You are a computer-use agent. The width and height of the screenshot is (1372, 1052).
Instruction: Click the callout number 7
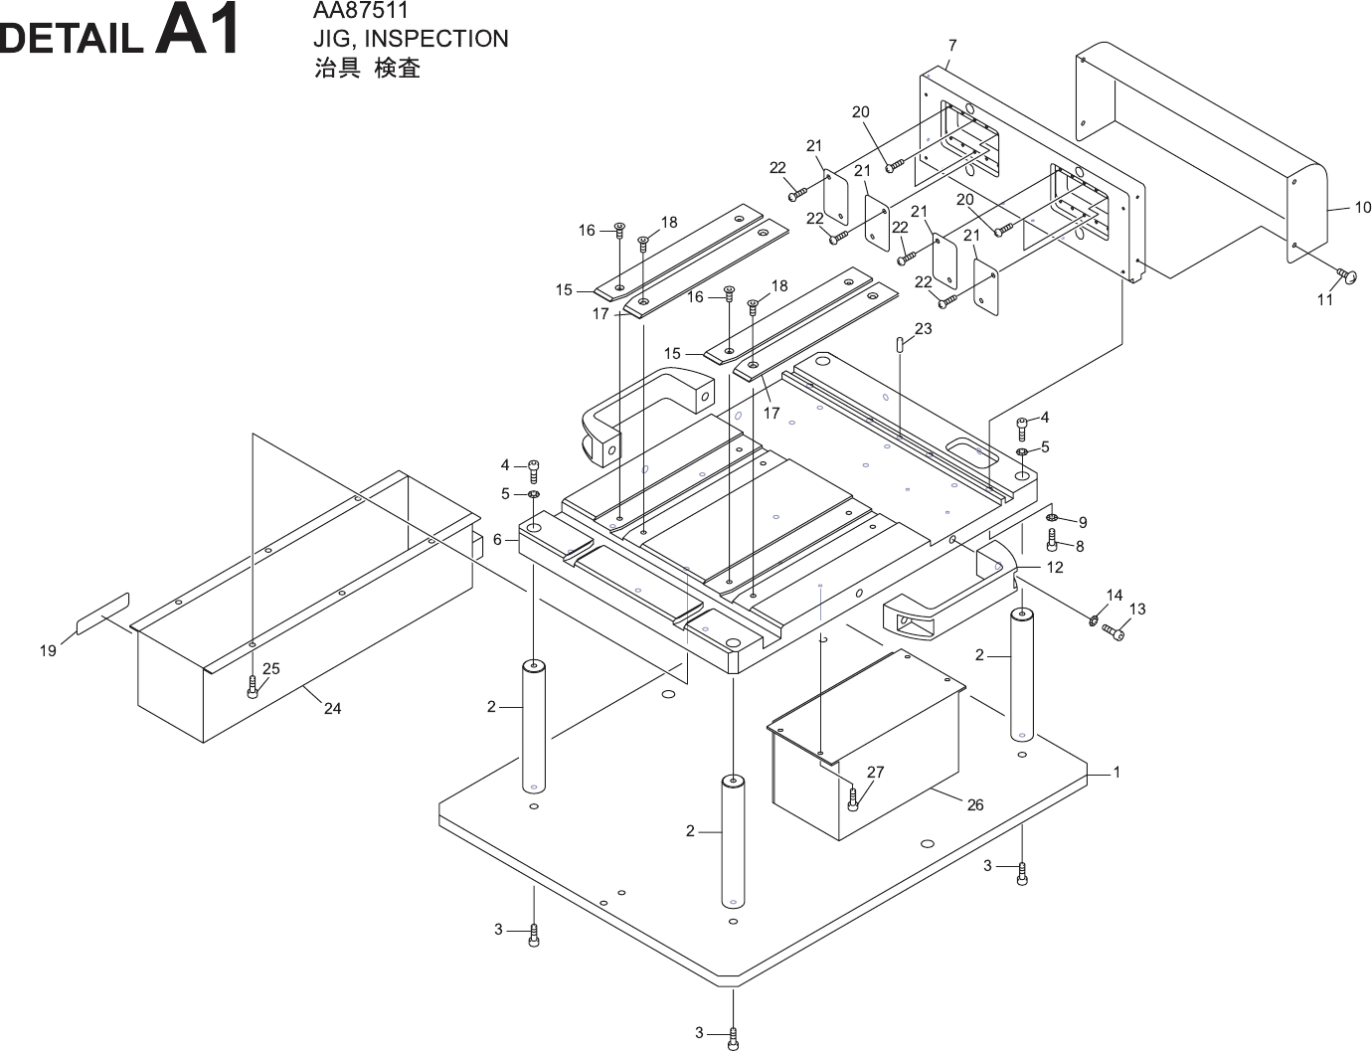[952, 46]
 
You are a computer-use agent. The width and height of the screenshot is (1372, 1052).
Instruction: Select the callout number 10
[1362, 207]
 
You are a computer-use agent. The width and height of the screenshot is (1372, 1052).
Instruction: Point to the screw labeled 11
[1347, 275]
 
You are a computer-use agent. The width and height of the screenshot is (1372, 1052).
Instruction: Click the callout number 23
[924, 329]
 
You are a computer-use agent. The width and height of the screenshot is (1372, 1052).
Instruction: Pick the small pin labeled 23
[900, 346]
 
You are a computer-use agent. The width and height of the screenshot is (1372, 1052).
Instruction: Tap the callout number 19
[48, 651]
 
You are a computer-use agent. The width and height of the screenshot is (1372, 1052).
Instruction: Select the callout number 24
[332, 708]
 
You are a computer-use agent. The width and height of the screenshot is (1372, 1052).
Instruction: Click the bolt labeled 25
[253, 686]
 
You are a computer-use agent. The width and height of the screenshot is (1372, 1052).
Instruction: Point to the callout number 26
[975, 804]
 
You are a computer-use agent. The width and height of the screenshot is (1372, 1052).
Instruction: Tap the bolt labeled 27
[852, 797]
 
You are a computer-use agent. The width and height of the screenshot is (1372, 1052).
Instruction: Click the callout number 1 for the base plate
[1116, 772]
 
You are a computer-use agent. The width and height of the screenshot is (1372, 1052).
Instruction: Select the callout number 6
[497, 540]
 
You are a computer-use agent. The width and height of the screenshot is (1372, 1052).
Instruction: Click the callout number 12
[1055, 567]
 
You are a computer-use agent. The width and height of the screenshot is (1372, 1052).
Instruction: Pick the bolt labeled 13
[1115, 632]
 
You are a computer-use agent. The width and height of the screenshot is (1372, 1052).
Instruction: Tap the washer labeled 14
[1093, 621]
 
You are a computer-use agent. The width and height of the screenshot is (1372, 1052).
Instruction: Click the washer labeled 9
[1053, 518]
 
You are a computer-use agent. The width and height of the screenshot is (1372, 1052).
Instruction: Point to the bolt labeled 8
[1053, 540]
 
